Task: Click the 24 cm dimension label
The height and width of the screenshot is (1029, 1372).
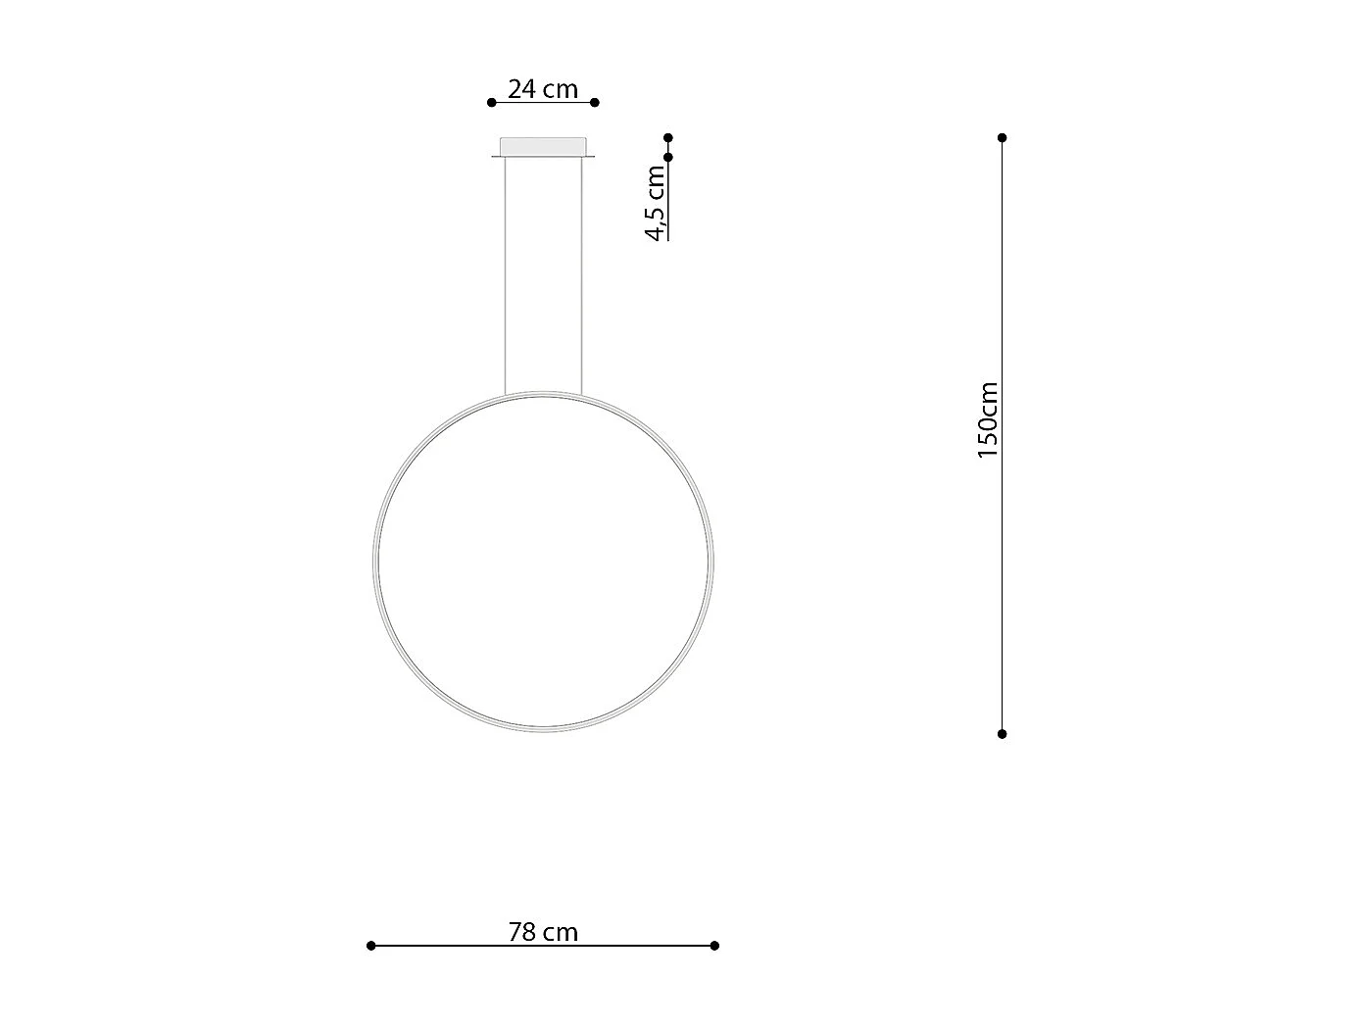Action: coord(543,89)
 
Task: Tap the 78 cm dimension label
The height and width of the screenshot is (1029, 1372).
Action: coord(543,932)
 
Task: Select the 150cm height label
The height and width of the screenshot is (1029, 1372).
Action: coord(988,420)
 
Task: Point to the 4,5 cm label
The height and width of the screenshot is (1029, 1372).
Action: coord(656,202)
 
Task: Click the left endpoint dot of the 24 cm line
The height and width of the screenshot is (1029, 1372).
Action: coord(492,102)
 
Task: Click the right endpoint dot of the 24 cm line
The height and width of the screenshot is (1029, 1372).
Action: coord(595,102)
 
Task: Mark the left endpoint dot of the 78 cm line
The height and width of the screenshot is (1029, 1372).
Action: coord(370,946)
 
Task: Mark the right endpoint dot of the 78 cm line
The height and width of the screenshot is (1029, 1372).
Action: coord(714,946)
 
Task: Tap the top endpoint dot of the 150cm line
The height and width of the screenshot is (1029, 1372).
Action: coord(1002,138)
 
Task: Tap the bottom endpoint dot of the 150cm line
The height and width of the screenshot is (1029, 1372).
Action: coord(1002,734)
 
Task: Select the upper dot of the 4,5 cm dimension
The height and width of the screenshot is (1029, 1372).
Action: coord(668,138)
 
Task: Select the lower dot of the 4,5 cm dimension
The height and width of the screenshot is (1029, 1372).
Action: coord(668,157)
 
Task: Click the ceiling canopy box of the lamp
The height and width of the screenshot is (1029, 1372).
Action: coord(543,147)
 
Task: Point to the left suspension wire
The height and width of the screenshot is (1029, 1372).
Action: coord(505,274)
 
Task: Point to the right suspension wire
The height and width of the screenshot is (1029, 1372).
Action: coord(581,274)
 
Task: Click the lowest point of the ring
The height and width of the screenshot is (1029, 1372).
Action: coord(543,729)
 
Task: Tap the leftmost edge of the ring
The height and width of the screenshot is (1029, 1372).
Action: coord(375,562)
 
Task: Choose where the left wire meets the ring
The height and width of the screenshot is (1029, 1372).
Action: coord(505,397)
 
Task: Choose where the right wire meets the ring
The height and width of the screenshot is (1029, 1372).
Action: coord(581,397)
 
